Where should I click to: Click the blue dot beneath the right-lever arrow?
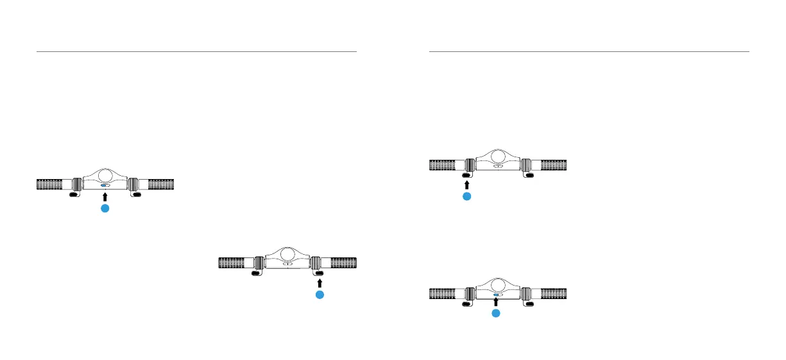(320, 295)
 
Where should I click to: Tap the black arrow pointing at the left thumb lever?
(467, 184)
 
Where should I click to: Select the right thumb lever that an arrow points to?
(319, 272)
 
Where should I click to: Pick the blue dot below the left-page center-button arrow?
(106, 209)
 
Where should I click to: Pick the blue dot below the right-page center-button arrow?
(496, 313)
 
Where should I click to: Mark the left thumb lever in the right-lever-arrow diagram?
(256, 272)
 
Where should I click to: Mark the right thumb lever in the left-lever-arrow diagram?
(528, 175)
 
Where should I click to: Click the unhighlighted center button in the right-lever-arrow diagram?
(288, 263)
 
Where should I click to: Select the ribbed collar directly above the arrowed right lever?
(316, 262)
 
